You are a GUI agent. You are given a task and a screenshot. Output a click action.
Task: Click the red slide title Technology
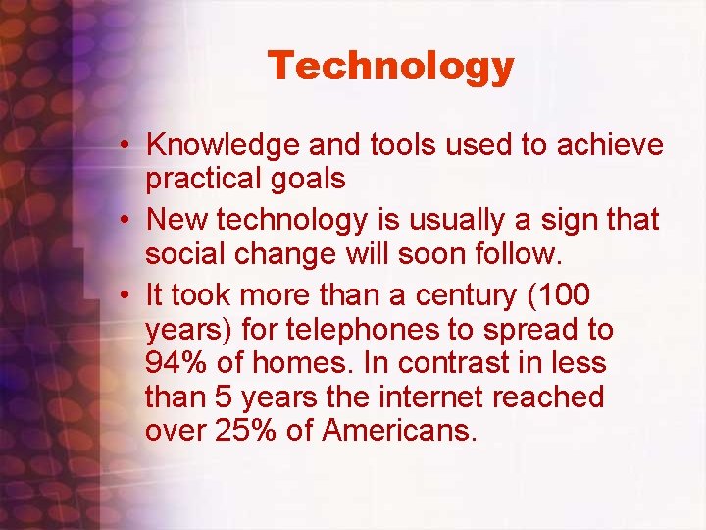click(x=390, y=66)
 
